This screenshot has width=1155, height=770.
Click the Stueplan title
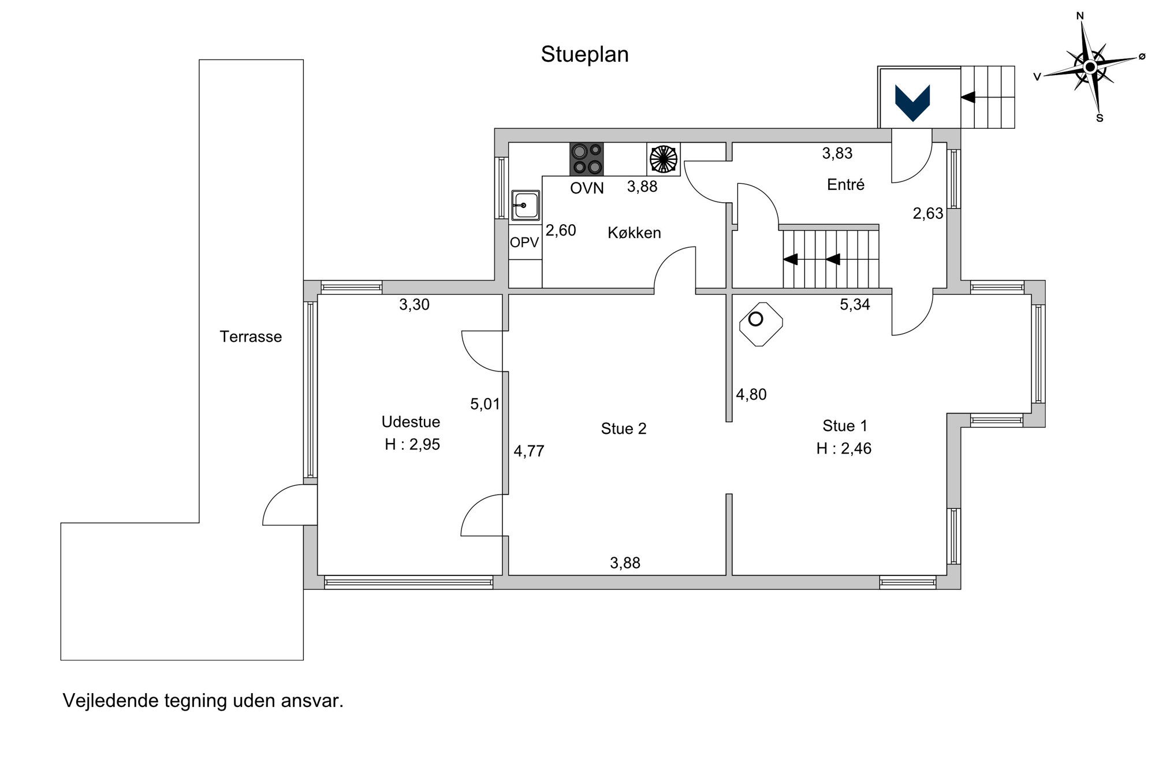[584, 55]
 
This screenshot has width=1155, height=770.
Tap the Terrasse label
[251, 337]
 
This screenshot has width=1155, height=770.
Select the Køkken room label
[634, 233]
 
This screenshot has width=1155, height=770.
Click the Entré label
[845, 185]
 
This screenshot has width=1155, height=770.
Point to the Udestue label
[411, 422]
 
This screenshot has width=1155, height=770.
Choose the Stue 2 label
[624, 429]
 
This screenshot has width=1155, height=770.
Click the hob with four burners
[587, 159]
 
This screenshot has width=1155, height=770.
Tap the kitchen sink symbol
[525, 205]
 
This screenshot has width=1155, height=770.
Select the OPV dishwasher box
[524, 243]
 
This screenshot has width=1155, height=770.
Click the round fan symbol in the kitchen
[664, 159]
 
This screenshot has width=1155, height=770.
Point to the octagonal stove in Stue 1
[761, 324]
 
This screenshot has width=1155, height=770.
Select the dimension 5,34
[855, 304]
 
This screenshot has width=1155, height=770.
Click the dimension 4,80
[751, 395]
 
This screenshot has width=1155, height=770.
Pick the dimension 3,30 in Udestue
[414, 304]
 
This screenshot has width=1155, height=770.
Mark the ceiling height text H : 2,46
[844, 449]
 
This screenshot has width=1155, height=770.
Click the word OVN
[587, 188]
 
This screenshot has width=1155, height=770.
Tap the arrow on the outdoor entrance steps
[968, 97]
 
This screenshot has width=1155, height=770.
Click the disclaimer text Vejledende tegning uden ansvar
[203, 701]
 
